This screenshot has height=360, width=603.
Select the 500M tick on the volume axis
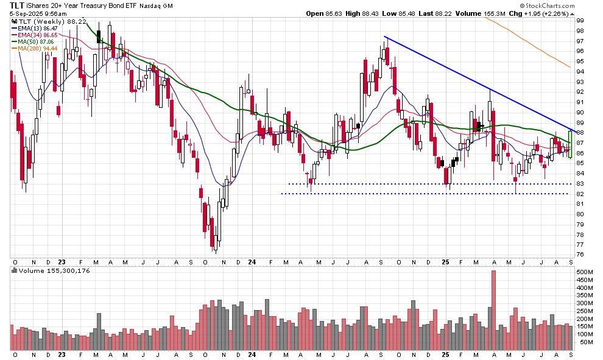coord(584,272)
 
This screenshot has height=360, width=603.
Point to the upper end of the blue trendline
coord(385,37)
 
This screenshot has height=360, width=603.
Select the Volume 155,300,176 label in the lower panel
coord(55,270)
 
